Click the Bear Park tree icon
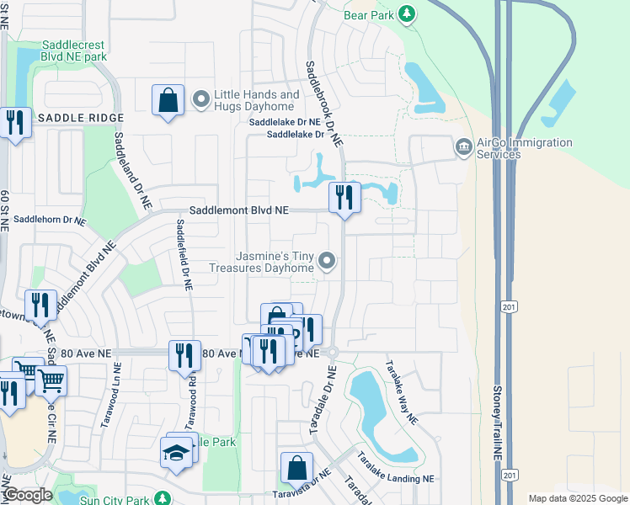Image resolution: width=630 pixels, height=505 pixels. pyautogui.click(x=407, y=13)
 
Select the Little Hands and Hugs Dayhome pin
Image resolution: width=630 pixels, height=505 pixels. pyautogui.click(x=201, y=101)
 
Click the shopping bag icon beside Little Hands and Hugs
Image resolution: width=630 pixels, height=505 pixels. pyautogui.click(x=168, y=100)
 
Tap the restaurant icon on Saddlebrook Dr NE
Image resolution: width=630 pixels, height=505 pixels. pyautogui.click(x=344, y=198)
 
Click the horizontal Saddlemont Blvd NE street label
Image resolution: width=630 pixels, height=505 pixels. pyautogui.click(x=239, y=210)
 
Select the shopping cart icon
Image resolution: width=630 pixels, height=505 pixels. pyautogui.click(x=51, y=381)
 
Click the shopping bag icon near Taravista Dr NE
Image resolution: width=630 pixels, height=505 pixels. pyautogui.click(x=296, y=467)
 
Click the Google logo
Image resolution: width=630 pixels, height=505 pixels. pyautogui.click(x=28, y=496)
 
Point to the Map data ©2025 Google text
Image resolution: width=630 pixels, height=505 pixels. pyautogui.click(x=577, y=498)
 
